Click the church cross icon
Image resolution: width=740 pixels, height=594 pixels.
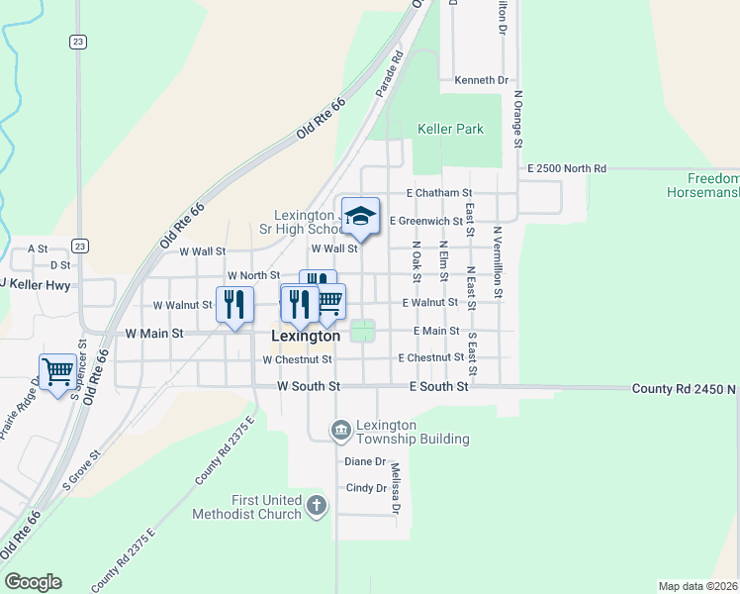(316, 507)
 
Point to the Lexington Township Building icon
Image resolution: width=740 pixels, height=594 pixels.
(340, 429)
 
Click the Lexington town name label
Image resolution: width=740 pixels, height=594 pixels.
(306, 337)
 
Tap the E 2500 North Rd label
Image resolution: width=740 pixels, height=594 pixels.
(566, 169)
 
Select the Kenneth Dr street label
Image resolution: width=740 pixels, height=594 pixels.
(481, 80)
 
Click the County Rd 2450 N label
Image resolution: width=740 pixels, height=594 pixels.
(685, 389)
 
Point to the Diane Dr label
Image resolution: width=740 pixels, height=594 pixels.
(364, 461)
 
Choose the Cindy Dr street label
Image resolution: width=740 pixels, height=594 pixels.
(365, 488)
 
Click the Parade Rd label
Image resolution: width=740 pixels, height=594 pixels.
(390, 73)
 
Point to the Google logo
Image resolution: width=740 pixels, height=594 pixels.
(33, 582)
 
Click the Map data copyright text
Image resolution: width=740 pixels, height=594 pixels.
(697, 586)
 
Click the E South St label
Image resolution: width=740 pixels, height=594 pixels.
(438, 386)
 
